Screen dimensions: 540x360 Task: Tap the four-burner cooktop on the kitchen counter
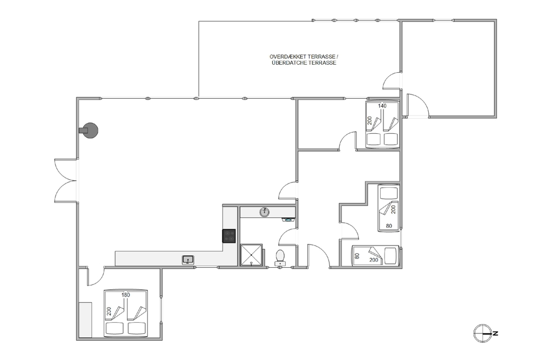(229, 236)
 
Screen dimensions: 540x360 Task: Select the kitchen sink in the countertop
(188, 260)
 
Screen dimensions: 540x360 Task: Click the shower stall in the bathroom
(252, 255)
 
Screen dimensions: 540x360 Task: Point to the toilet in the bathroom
(280, 257)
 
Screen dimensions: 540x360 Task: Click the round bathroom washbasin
(265, 212)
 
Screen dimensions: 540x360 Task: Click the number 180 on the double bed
(126, 295)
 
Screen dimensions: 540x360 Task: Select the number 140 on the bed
(382, 106)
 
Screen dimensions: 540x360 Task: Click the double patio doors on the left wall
(66, 180)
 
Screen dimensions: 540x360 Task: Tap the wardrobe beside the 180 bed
(85, 320)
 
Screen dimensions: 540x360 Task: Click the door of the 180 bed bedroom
(96, 276)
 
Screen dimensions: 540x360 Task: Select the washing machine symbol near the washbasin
(289, 219)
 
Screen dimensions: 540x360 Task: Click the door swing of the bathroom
(287, 237)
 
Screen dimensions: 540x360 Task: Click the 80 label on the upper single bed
(389, 226)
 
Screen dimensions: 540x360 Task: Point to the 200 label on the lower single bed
(374, 260)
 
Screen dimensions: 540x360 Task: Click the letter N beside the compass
(495, 333)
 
